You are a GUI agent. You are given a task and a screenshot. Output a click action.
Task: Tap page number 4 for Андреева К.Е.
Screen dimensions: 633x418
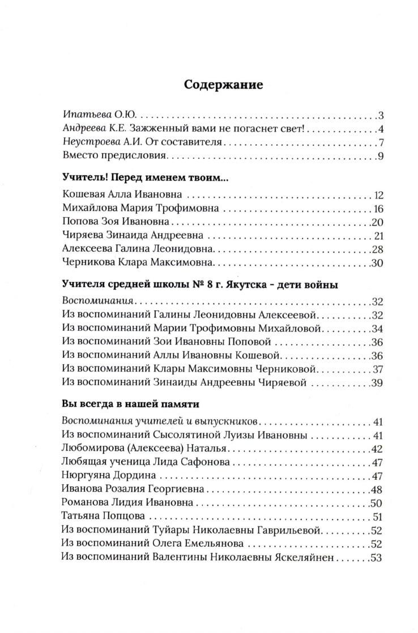click(x=381, y=128)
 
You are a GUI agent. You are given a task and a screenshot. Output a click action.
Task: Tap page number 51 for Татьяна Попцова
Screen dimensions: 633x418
click(x=378, y=517)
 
